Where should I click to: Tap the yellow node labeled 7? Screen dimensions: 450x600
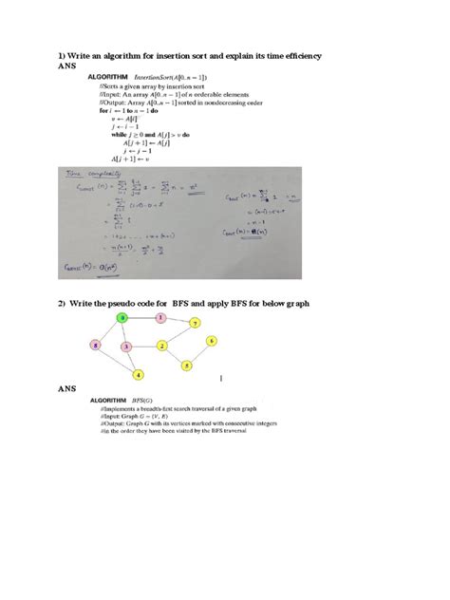195,324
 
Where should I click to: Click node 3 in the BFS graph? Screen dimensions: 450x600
126,347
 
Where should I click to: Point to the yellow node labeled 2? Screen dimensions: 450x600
162,347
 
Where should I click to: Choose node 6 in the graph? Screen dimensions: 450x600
211,340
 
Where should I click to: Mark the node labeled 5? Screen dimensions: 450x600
188,365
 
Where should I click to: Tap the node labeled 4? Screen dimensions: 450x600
138,375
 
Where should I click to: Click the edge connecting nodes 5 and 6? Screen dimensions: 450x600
199,352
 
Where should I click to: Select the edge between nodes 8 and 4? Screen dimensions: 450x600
117,361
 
